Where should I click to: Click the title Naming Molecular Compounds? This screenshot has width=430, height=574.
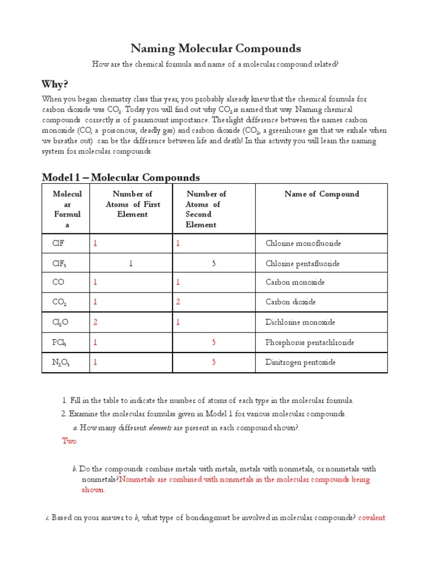[x=216, y=48]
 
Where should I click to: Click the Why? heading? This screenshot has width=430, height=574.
[x=55, y=84]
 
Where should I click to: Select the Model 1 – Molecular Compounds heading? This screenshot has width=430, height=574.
[x=121, y=178]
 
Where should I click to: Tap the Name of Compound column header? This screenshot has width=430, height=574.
[x=321, y=194]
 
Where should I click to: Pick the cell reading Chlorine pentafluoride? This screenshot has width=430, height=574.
[x=302, y=263]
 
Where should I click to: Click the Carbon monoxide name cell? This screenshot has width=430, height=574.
[x=295, y=282]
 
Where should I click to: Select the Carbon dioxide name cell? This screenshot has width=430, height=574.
[x=290, y=302]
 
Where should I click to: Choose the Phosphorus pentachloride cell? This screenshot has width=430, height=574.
[x=309, y=342]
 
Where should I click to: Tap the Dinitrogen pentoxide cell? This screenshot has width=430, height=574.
[x=300, y=362]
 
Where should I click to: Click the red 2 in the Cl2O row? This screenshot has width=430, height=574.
[x=95, y=322]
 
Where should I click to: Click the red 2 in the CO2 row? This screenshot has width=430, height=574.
[x=178, y=302]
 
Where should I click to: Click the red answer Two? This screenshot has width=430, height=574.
[x=70, y=441]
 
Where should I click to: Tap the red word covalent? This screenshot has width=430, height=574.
[x=372, y=517]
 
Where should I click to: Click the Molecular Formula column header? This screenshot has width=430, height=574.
[x=67, y=209]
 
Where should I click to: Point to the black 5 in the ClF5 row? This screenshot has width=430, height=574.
[x=214, y=263]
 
